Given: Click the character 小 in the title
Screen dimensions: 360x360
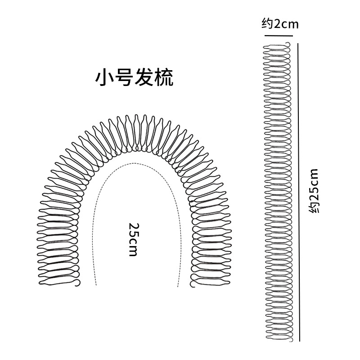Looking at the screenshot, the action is pos(103,77).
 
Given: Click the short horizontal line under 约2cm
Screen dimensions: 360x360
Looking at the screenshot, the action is pos(281,35).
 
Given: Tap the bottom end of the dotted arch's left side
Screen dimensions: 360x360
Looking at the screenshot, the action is pos(96,285).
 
